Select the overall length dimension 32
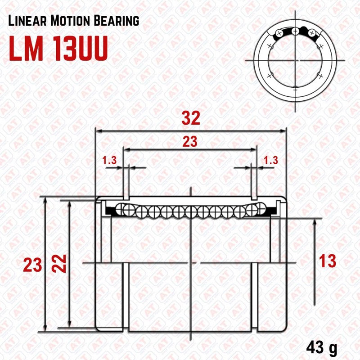(190, 118)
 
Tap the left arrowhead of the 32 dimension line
(97, 131)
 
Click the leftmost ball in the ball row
(121, 208)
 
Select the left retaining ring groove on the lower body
(126, 297)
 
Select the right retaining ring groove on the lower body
(255, 297)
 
